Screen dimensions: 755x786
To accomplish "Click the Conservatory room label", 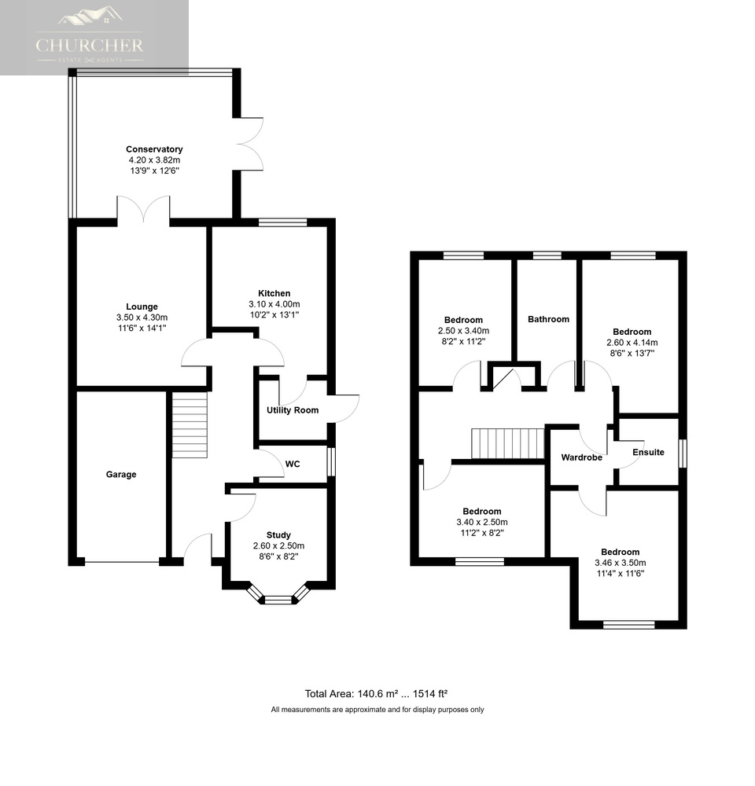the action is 154,149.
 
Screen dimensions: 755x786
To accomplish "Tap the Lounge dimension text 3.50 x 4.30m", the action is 142,318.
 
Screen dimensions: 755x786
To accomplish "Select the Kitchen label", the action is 274,294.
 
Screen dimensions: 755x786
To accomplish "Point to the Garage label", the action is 121,475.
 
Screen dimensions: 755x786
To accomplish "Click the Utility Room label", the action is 293,410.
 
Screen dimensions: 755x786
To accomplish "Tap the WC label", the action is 293,465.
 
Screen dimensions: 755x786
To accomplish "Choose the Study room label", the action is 278,535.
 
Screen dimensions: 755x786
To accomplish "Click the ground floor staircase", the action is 190,424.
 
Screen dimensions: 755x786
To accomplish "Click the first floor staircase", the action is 508,443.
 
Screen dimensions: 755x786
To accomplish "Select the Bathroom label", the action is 548,319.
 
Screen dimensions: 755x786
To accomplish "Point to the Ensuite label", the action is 648,452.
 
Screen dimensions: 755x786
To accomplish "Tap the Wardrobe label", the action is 581,457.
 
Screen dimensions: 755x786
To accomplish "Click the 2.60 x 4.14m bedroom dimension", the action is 632,343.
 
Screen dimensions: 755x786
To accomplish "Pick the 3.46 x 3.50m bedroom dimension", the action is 620,563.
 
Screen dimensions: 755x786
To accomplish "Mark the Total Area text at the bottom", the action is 376,694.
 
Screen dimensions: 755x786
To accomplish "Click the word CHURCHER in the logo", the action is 90,46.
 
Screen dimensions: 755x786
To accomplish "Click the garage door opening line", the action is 122,562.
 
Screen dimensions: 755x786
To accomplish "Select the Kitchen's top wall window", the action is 282,222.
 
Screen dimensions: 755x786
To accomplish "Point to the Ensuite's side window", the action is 683,454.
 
